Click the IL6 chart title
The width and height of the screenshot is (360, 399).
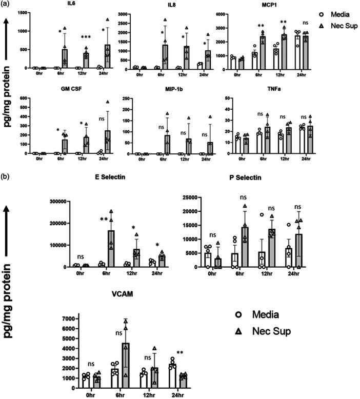click(71, 4)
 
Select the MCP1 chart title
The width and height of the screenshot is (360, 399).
click(269, 5)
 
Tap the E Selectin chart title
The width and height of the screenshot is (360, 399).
click(110, 177)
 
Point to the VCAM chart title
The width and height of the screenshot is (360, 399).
click(123, 294)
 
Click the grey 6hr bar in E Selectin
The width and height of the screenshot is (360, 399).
click(111, 249)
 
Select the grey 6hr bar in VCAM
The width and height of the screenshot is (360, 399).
click(126, 366)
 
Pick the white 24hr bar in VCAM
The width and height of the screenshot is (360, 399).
click(173, 376)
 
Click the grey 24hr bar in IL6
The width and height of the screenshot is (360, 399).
click(108, 56)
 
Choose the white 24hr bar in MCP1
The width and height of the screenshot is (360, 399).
click(297, 52)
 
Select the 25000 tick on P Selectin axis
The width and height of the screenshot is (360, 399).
click(191, 197)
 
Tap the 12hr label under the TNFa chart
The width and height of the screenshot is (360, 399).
click(285, 159)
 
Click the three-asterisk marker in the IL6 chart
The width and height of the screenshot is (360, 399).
click(86, 37)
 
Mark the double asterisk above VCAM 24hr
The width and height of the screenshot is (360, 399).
click(180, 353)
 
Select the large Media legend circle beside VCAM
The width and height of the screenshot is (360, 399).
click(238, 315)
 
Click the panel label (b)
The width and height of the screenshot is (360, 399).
click(5, 176)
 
